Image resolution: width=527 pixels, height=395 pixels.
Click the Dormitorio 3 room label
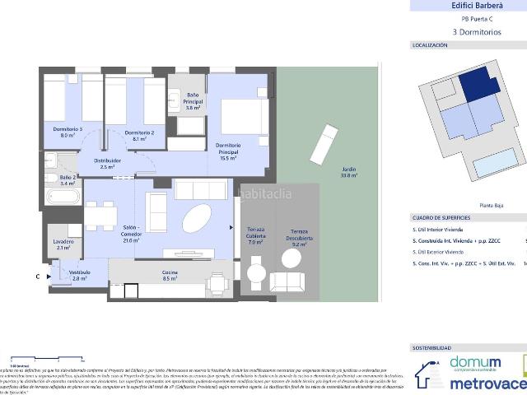(68, 132)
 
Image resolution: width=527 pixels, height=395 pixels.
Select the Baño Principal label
(194, 101)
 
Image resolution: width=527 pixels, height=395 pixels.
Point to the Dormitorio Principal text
(228, 151)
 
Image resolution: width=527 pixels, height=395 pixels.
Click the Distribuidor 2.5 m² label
(107, 163)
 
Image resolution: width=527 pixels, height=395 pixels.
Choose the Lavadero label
(63, 244)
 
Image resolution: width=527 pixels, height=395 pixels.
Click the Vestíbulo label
(79, 275)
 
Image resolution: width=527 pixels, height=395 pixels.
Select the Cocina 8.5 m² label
(171, 276)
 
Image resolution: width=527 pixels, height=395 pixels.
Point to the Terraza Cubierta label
(255, 239)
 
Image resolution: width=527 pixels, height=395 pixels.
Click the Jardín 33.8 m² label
(350, 173)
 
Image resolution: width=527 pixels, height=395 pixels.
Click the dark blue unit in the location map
(473, 86)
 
